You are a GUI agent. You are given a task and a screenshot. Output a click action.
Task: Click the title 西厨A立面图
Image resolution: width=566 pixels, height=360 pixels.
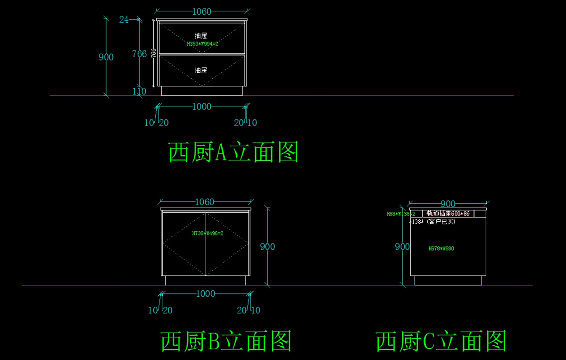click(233, 152)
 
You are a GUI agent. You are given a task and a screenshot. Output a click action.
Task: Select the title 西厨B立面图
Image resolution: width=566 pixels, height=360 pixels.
click(226, 341)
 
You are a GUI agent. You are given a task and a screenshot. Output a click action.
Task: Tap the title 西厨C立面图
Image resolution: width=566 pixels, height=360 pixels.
click(441, 341)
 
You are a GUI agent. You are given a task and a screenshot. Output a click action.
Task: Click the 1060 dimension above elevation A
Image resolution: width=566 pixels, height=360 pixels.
click(201, 12)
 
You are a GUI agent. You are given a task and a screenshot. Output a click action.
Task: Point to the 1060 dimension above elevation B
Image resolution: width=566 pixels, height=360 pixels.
click(204, 202)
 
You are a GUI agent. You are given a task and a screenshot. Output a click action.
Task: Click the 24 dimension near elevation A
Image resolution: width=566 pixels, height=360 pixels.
click(124, 19)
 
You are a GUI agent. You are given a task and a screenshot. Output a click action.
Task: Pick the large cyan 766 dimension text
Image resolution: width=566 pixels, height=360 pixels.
click(139, 54)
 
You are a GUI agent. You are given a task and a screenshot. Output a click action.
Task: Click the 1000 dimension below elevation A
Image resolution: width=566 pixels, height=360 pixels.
click(201, 107)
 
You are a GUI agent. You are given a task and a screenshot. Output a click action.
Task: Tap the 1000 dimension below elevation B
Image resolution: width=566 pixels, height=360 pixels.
click(205, 294)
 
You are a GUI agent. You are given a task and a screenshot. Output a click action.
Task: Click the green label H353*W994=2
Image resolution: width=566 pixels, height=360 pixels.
click(202, 44)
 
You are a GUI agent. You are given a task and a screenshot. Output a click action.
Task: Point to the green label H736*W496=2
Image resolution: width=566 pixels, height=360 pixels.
click(208, 233)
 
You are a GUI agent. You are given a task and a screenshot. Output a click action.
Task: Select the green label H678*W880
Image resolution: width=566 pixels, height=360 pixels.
click(441, 248)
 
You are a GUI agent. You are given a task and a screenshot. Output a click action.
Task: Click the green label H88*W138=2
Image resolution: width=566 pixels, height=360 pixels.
click(401, 214)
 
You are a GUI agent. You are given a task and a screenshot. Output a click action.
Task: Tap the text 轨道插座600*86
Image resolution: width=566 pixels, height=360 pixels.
click(448, 214)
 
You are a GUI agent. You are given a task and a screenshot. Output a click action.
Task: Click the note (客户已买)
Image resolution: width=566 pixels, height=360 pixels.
click(441, 221)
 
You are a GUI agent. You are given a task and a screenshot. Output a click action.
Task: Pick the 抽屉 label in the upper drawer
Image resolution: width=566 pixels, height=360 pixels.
click(201, 35)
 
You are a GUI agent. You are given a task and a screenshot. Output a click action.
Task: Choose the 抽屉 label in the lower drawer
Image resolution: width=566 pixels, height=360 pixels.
click(201, 70)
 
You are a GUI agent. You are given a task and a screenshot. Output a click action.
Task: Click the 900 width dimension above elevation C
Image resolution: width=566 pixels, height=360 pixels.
click(448, 204)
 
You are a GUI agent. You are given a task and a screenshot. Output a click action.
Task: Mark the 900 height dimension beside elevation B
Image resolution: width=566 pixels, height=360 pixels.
click(267, 247)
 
